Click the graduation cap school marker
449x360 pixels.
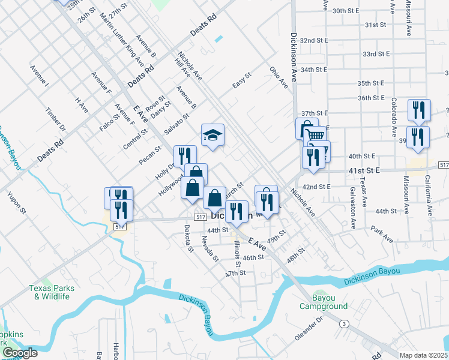(x=212, y=135)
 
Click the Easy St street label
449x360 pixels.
(x=241, y=80)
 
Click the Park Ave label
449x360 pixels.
(x=381, y=235)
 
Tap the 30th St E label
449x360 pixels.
(x=345, y=11)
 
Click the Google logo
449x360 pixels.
(x=19, y=353)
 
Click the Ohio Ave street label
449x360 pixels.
(x=279, y=77)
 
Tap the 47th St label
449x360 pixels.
(x=235, y=273)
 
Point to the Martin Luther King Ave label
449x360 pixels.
(x=122, y=38)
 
